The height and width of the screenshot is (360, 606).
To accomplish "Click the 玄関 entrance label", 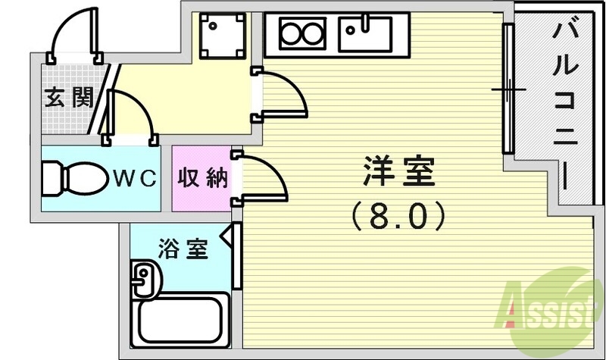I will tap(68, 98).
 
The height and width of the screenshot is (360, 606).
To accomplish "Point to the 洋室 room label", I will tap(399, 174).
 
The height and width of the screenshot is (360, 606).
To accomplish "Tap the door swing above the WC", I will tap(133, 114).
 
